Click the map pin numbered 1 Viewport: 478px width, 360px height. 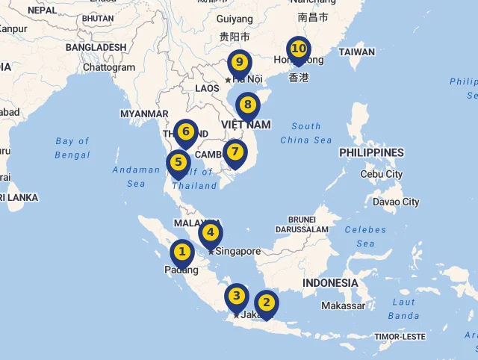pos(181,253)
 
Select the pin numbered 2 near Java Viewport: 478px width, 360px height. pos(267,302)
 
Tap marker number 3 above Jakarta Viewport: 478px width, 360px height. pos(237,296)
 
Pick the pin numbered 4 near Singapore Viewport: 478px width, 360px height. pos(211,233)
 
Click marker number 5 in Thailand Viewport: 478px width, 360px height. pos(179,162)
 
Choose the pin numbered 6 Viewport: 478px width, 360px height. pos(186,133)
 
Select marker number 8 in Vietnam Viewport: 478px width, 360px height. pos(247,105)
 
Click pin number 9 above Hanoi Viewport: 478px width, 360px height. pos(239,62)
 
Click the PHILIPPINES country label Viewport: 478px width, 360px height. pos(371,152)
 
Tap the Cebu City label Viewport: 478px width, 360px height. pos(381,174)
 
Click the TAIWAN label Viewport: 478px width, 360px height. pos(356,52)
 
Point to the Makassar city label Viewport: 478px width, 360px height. pos(343,305)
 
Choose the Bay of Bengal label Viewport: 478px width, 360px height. pos(72,148)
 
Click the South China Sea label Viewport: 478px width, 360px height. pos(306,133)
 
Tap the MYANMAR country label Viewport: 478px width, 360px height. pos(144,114)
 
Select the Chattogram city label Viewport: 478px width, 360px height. pos(109,67)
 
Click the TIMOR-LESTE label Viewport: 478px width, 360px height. pos(400,337)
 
